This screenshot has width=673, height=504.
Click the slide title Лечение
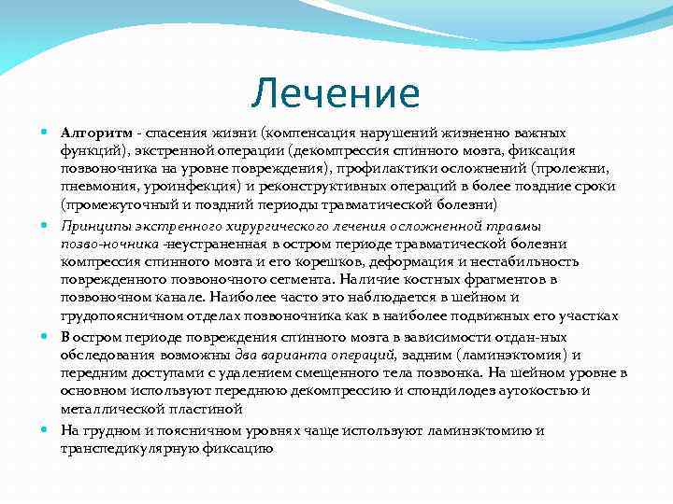click(336, 93)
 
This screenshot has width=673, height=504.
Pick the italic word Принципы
click(95, 225)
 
